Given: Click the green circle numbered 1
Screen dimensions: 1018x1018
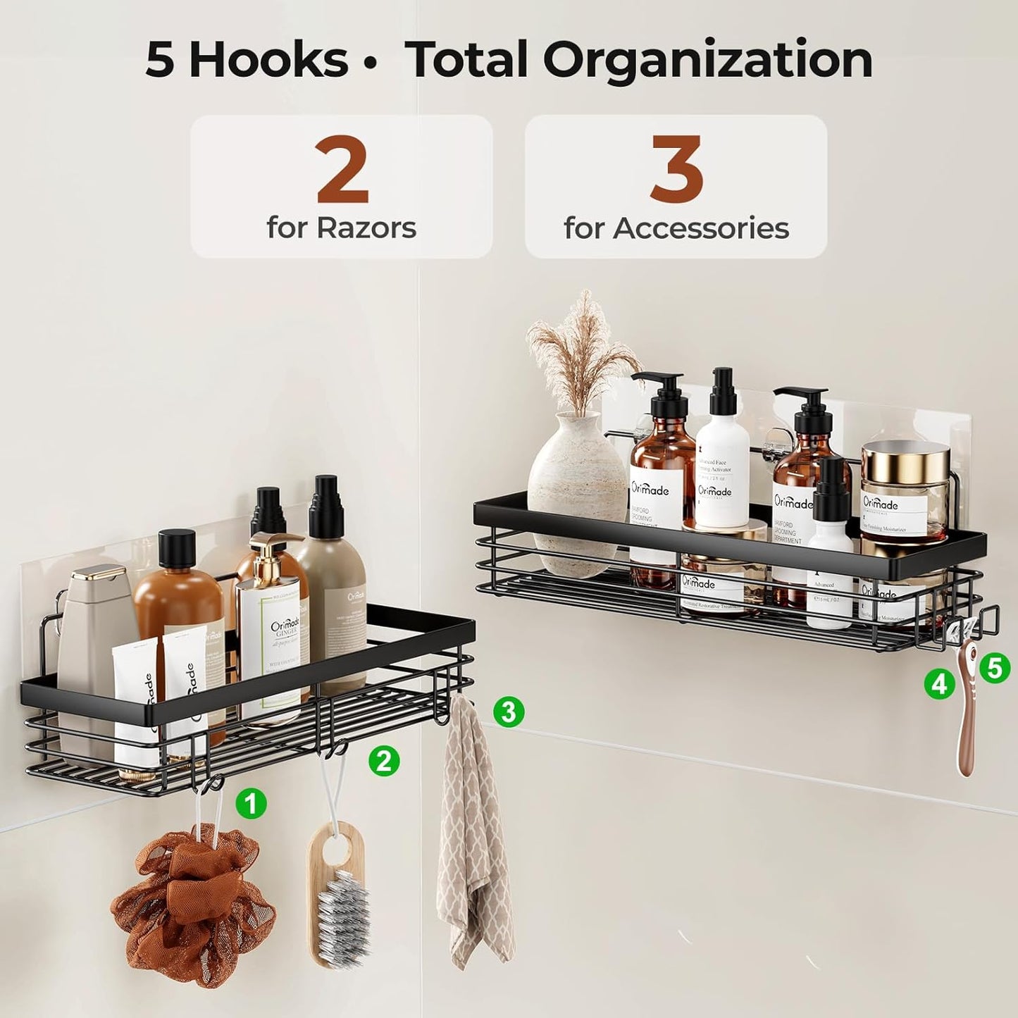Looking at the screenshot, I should tap(251, 803).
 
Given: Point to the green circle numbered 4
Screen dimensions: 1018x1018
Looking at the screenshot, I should tap(940, 683).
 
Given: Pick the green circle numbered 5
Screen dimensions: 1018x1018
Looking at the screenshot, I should tap(994, 666).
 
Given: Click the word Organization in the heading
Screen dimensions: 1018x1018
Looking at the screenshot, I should tap(708, 60).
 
